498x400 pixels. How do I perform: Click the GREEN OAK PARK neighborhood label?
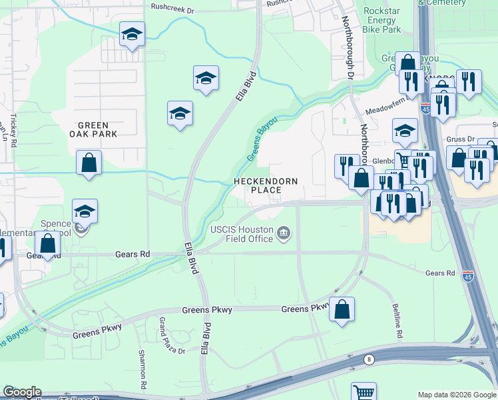pyautogui.click(x=97, y=129)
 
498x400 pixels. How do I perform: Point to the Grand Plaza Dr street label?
pyautogui.click(x=161, y=335)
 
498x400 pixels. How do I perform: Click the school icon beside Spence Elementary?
pyautogui.click(x=85, y=211)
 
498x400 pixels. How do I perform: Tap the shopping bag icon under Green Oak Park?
pyautogui.click(x=89, y=163)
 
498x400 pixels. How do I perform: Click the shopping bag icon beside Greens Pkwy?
pyautogui.click(x=342, y=309)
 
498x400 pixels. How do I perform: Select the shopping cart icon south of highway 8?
pyautogui.click(x=364, y=392)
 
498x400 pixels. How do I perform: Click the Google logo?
pyautogui.click(x=22, y=392)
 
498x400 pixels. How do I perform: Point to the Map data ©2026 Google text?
pyautogui.click(x=456, y=395)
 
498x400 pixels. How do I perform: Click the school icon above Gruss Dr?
pyautogui.click(x=405, y=131)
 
